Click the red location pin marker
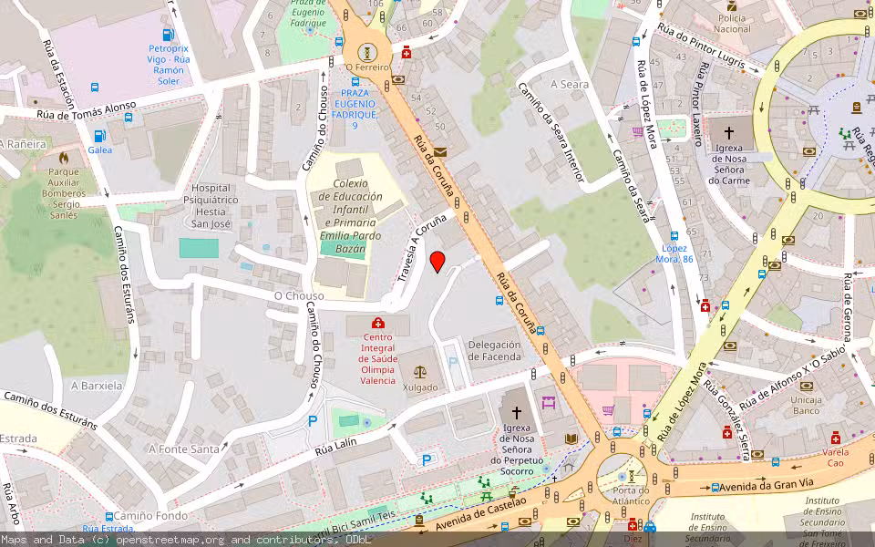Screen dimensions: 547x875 pyautogui.click(x=437, y=262)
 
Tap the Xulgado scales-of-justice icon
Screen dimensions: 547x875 pyautogui.click(x=419, y=372)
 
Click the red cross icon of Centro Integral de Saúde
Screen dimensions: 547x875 pyautogui.click(x=378, y=323)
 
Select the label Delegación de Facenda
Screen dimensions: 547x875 pyautogui.click(x=494, y=350)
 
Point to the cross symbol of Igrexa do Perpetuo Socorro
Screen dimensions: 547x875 pyautogui.click(x=517, y=412)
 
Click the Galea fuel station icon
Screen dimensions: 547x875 pyautogui.click(x=99, y=136)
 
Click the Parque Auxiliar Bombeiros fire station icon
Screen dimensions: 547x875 pyautogui.click(x=63, y=157)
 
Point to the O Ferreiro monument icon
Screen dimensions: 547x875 pyautogui.click(x=367, y=52)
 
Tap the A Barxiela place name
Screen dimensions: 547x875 pyautogui.click(x=96, y=386)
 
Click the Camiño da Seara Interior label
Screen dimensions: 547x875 pyautogui.click(x=550, y=132)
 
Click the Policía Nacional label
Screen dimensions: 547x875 pyautogui.click(x=732, y=23)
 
